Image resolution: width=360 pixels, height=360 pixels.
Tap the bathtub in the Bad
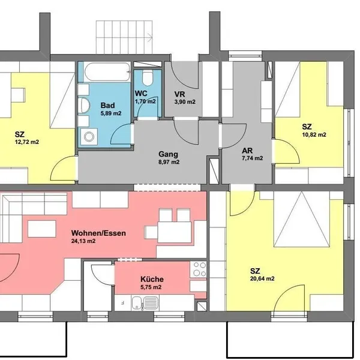(107, 71)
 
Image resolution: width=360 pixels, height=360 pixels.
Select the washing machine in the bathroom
(88, 137)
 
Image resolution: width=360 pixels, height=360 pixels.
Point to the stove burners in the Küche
(199, 269)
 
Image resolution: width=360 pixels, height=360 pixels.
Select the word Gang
(168, 154)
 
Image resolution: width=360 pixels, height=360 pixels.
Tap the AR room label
(247, 151)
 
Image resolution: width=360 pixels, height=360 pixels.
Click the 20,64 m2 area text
(262, 279)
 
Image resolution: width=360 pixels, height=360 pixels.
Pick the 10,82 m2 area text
(314, 135)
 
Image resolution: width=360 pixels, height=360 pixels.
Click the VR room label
(179, 94)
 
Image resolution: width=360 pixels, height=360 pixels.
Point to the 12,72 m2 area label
(27, 142)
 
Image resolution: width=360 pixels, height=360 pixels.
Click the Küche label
(152, 279)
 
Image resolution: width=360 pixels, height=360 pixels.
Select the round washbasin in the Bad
(83, 105)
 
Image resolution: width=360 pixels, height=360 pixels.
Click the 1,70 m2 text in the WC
(145, 101)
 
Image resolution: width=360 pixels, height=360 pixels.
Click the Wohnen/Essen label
(98, 233)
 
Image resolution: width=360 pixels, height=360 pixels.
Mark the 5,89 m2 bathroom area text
(111, 113)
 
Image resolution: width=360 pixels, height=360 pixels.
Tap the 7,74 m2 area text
(253, 158)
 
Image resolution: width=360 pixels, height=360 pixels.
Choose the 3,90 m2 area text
(185, 102)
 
